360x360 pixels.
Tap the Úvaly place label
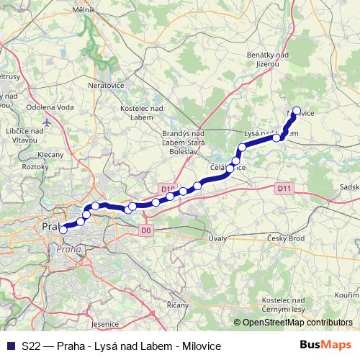[x=217, y=238]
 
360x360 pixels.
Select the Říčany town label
[x=177, y=305]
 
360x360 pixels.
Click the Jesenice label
[x=105, y=325]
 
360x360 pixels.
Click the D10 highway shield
[x=168, y=189]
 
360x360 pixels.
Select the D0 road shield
[x=146, y=230]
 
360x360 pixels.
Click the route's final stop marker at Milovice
[x=295, y=112]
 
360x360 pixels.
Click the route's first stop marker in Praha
[x=63, y=230]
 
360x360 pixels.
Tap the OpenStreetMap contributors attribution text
[x=296, y=323]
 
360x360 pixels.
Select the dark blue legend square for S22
[x=9, y=346]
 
